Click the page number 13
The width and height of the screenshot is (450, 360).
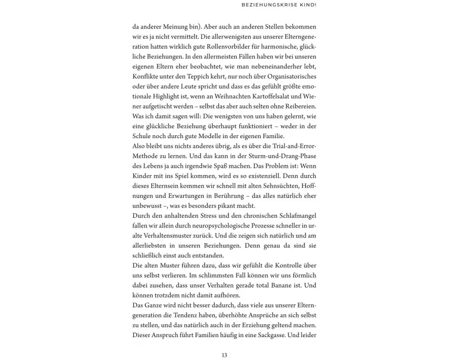click(224, 355)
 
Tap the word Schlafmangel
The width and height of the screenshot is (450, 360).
click(295, 215)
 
